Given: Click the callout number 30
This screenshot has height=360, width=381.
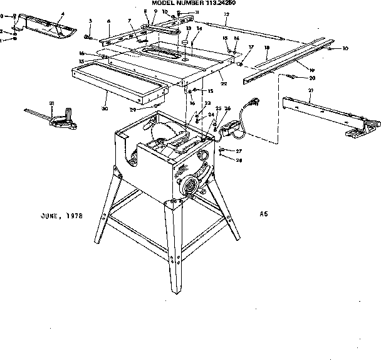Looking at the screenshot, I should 105,109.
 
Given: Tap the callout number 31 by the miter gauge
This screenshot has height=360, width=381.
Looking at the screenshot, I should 52,103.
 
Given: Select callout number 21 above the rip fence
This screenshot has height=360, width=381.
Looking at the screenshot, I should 311,90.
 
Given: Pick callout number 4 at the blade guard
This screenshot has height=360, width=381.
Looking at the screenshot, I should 62,14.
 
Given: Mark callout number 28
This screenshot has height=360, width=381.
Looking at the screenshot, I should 239,161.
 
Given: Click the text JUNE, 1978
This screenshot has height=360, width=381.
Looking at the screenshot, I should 60,215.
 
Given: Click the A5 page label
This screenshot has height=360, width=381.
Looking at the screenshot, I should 264,213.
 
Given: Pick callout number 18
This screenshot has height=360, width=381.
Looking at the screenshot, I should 267,48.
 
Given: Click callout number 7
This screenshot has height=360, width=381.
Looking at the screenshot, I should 130,22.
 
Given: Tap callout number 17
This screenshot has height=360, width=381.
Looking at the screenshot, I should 251,47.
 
